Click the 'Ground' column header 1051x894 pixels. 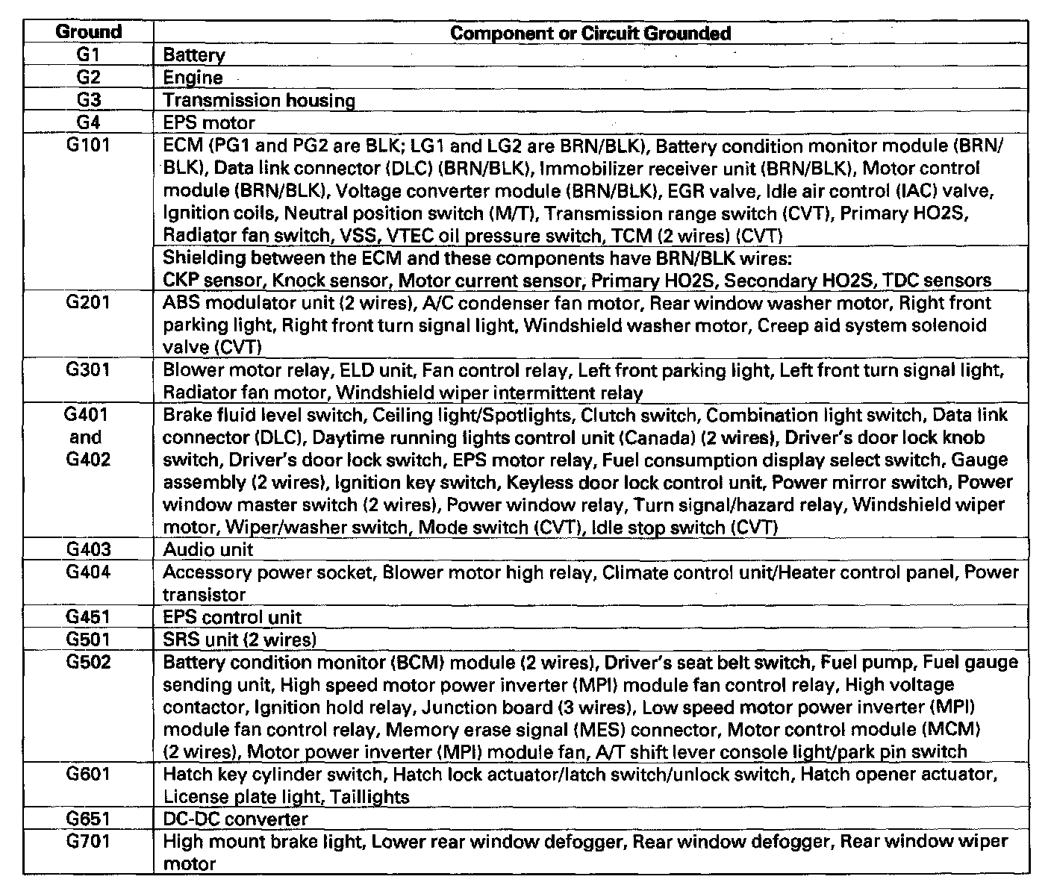[88, 32]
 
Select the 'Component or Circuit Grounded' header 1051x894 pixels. [590, 33]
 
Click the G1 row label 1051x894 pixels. [88, 54]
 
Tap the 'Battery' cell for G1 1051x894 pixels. [194, 55]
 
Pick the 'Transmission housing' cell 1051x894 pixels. [259, 100]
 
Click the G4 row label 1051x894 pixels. [88, 122]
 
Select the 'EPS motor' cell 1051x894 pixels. [209, 122]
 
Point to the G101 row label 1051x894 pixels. [88, 145]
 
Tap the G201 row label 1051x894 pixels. [88, 303]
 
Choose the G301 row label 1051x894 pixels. [88, 370]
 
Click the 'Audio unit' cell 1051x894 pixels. [208, 550]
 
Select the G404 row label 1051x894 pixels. [88, 572]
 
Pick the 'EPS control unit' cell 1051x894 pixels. [232, 617]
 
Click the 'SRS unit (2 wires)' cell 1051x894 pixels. [240, 640]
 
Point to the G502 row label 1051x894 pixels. [88, 662]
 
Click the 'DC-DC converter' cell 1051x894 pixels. [235, 819]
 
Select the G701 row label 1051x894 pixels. [88, 842]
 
